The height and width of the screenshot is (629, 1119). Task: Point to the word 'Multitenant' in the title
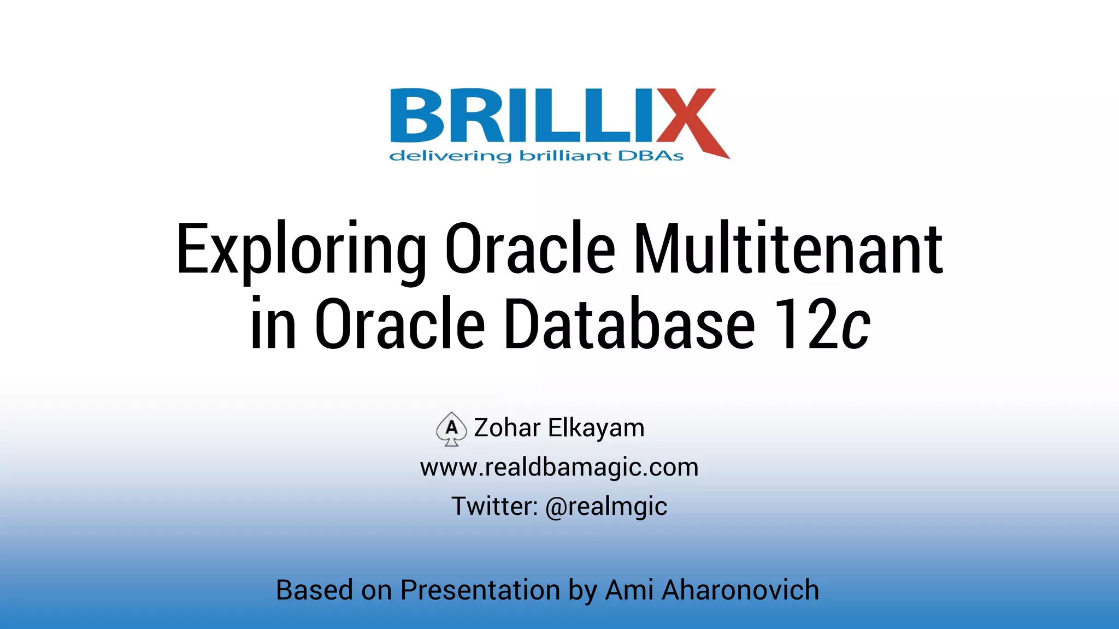(x=787, y=248)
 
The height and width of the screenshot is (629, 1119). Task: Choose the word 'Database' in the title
(x=629, y=324)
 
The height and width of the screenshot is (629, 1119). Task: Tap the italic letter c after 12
(x=855, y=330)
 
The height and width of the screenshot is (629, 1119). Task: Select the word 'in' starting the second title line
(x=273, y=324)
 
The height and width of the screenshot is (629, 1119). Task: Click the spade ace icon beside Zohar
(x=451, y=429)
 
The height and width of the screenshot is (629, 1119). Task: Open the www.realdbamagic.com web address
(x=559, y=467)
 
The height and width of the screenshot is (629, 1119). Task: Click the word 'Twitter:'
(x=494, y=507)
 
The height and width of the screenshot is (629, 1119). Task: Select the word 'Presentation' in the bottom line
(x=480, y=590)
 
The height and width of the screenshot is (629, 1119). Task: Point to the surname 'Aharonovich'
(x=740, y=590)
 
